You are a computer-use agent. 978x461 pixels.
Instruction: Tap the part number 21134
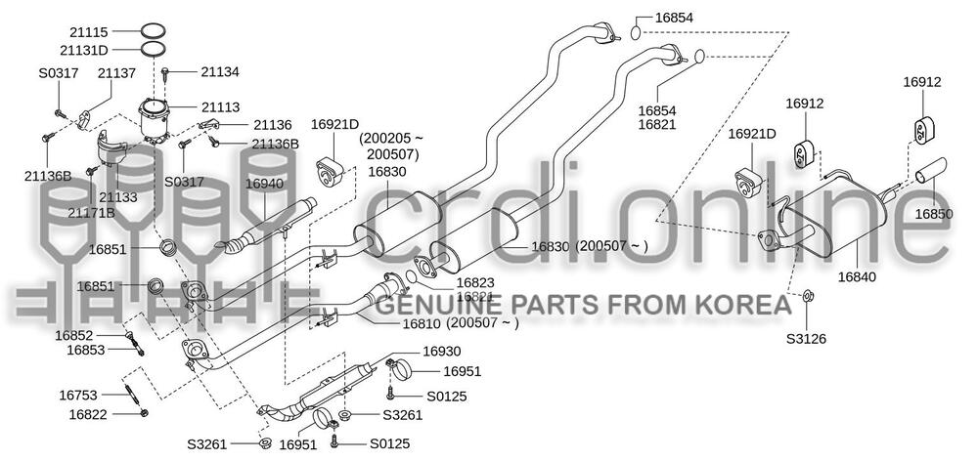tap(221, 71)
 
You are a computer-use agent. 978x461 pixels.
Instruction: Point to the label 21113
tap(221, 106)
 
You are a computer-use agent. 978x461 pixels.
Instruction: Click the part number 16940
tap(263, 183)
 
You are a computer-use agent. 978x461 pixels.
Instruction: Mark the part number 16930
tap(442, 351)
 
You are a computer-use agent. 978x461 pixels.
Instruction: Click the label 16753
tap(78, 396)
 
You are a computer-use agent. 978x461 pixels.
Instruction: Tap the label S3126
tap(806, 340)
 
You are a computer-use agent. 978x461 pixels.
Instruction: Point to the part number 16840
tap(857, 276)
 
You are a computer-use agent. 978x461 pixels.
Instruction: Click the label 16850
tap(934, 214)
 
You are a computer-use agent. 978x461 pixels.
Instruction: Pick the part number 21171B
tap(91, 212)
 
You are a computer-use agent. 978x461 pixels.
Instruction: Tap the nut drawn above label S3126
tap(808, 296)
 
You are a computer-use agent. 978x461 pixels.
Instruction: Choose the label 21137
tap(116, 71)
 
